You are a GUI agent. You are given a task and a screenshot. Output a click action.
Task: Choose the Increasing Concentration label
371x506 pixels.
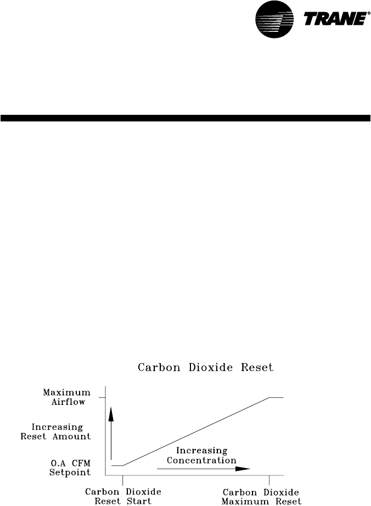click(201, 455)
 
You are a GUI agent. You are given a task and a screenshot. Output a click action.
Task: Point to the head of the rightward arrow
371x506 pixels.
click(245, 469)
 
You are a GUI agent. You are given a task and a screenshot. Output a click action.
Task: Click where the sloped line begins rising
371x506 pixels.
click(123, 465)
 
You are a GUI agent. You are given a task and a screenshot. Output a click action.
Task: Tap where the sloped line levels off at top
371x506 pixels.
click(269, 397)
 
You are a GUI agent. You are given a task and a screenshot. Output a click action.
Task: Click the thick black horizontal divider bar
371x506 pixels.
click(185, 118)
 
